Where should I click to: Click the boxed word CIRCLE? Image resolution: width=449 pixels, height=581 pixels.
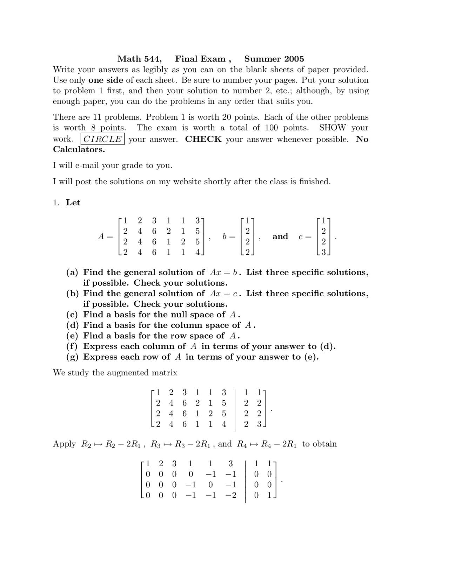pos(102,139)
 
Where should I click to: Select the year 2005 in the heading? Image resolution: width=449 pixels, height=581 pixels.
pos(294,59)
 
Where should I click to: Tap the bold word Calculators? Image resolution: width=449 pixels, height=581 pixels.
pos(79,149)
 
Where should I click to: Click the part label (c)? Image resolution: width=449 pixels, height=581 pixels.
pos(72,315)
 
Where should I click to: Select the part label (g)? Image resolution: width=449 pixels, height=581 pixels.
pos(72,357)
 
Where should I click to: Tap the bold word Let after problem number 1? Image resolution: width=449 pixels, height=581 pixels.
pos(73,203)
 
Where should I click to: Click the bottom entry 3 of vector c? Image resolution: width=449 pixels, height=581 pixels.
pos(323,252)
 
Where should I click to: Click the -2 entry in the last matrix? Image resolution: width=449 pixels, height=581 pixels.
pos(230,495)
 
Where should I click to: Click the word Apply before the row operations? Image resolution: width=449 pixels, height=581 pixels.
pos(64,444)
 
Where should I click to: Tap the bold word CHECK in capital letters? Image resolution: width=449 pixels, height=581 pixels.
pos(203,139)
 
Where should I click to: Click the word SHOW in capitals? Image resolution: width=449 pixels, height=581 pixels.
pos(332,128)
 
